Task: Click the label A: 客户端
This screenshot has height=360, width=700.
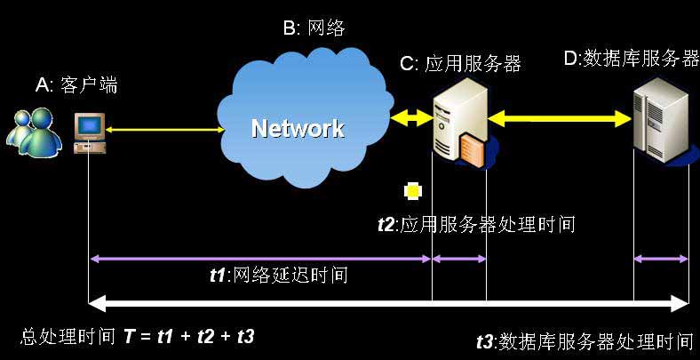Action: [76, 85]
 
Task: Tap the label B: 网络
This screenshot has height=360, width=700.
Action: [314, 28]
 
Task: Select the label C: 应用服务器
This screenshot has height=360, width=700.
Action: [459, 63]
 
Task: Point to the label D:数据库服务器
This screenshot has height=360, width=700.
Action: [632, 59]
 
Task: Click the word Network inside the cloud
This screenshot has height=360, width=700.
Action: [297, 129]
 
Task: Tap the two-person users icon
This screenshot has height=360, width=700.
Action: [33, 127]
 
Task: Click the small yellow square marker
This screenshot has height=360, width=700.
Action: [412, 190]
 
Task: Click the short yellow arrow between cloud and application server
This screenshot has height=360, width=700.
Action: [410, 117]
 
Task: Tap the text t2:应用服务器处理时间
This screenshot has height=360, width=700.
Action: [476, 224]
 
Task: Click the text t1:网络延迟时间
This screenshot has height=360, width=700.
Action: [276, 275]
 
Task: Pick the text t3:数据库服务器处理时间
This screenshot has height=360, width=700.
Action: [584, 340]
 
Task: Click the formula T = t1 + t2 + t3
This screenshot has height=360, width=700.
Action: [188, 336]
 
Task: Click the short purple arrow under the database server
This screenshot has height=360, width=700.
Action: [661, 259]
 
